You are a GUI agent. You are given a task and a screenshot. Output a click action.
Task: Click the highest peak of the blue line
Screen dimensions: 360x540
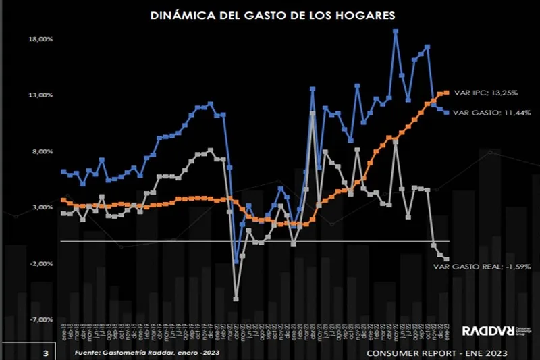click(x=395, y=31)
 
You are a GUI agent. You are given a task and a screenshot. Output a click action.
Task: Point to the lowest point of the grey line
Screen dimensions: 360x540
click(x=236, y=298)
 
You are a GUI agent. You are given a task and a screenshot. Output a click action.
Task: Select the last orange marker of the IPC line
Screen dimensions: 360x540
click(x=447, y=92)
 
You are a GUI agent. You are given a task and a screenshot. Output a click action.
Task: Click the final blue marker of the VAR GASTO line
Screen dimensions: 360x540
click(x=447, y=112)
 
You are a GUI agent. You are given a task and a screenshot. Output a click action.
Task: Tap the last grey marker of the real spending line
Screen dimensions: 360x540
click(x=447, y=259)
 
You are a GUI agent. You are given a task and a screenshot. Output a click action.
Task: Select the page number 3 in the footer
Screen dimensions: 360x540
click(x=45, y=353)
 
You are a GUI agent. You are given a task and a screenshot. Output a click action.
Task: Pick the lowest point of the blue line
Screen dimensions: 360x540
click(x=236, y=261)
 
